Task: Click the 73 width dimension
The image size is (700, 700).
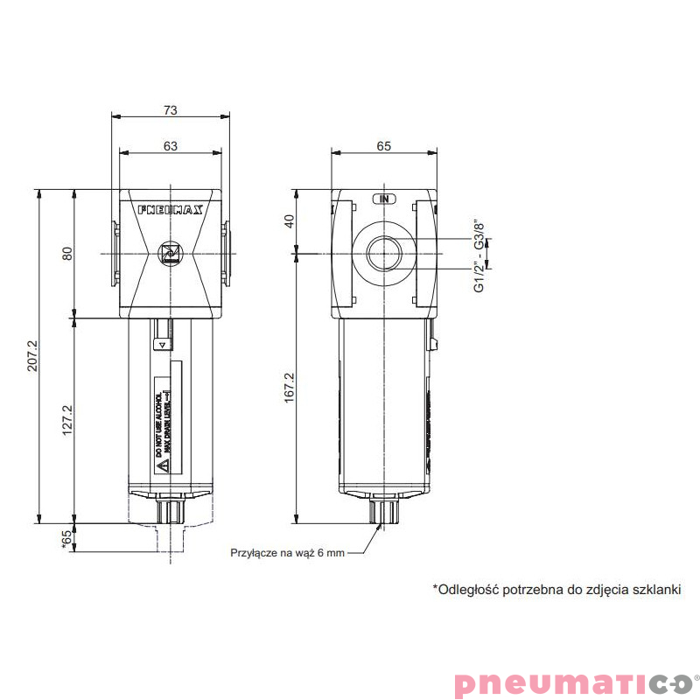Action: pos(171,110)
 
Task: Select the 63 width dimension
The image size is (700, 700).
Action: pos(171,147)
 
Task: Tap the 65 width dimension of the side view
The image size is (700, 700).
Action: pos(383,147)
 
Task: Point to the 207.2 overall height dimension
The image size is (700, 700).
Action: pos(32,355)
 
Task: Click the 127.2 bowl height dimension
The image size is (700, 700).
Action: pos(66,420)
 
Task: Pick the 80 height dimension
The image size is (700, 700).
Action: pos(66,253)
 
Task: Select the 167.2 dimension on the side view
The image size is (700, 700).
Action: pos(290,387)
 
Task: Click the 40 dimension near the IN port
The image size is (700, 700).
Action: pos(290,221)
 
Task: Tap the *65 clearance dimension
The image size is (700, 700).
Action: pos(66,539)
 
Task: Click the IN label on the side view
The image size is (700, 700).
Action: pos(384,199)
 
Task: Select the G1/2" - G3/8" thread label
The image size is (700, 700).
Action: pos(479,255)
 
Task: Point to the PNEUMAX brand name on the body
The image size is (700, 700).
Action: pos(171,210)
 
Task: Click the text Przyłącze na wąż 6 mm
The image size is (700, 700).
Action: pos(288,553)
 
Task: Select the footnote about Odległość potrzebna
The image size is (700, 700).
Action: pos(556,590)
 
